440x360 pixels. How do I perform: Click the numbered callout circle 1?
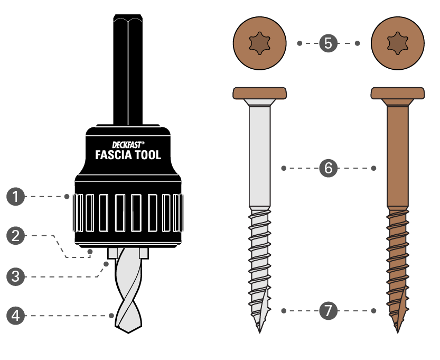[x=16, y=197]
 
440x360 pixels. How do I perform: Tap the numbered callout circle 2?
[x=16, y=235]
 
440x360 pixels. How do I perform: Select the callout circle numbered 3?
[x=16, y=276]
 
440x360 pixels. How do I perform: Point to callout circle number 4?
[x=16, y=316]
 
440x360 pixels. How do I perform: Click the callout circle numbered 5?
[x=329, y=43]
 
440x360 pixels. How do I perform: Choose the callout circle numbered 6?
[x=329, y=169]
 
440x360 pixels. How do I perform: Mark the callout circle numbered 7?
[x=329, y=311]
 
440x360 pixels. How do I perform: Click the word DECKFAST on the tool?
[x=127, y=144]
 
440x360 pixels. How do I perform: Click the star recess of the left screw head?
[x=259, y=43]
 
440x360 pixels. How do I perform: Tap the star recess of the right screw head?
[x=398, y=43]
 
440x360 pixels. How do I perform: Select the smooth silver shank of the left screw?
[x=259, y=159]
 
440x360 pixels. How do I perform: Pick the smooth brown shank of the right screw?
[x=398, y=159]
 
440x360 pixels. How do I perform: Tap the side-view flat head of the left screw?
[x=259, y=93]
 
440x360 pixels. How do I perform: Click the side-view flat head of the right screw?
[x=398, y=93]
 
